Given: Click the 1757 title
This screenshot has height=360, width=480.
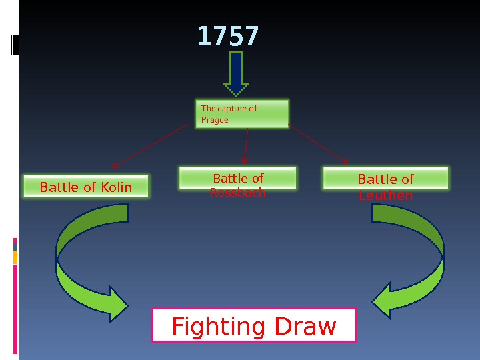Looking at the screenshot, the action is click(227, 37).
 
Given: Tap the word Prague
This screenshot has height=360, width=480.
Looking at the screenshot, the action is click(215, 121).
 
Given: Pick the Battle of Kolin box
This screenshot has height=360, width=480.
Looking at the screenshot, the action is click(86, 187).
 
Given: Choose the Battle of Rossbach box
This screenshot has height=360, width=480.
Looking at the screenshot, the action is click(238, 179).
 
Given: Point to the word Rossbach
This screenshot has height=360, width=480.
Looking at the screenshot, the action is click(238, 193).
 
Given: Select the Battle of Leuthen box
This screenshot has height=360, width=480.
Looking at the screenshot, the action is click(386, 179).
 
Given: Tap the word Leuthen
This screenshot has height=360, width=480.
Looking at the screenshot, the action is click(386, 196).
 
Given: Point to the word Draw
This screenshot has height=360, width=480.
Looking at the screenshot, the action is click(307, 327).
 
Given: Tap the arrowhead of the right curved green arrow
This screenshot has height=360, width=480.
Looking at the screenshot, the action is click(382, 301).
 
